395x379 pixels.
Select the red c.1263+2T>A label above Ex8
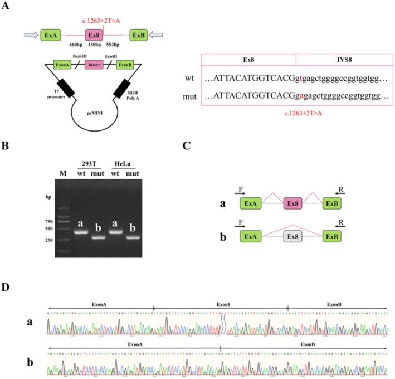(100, 21)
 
